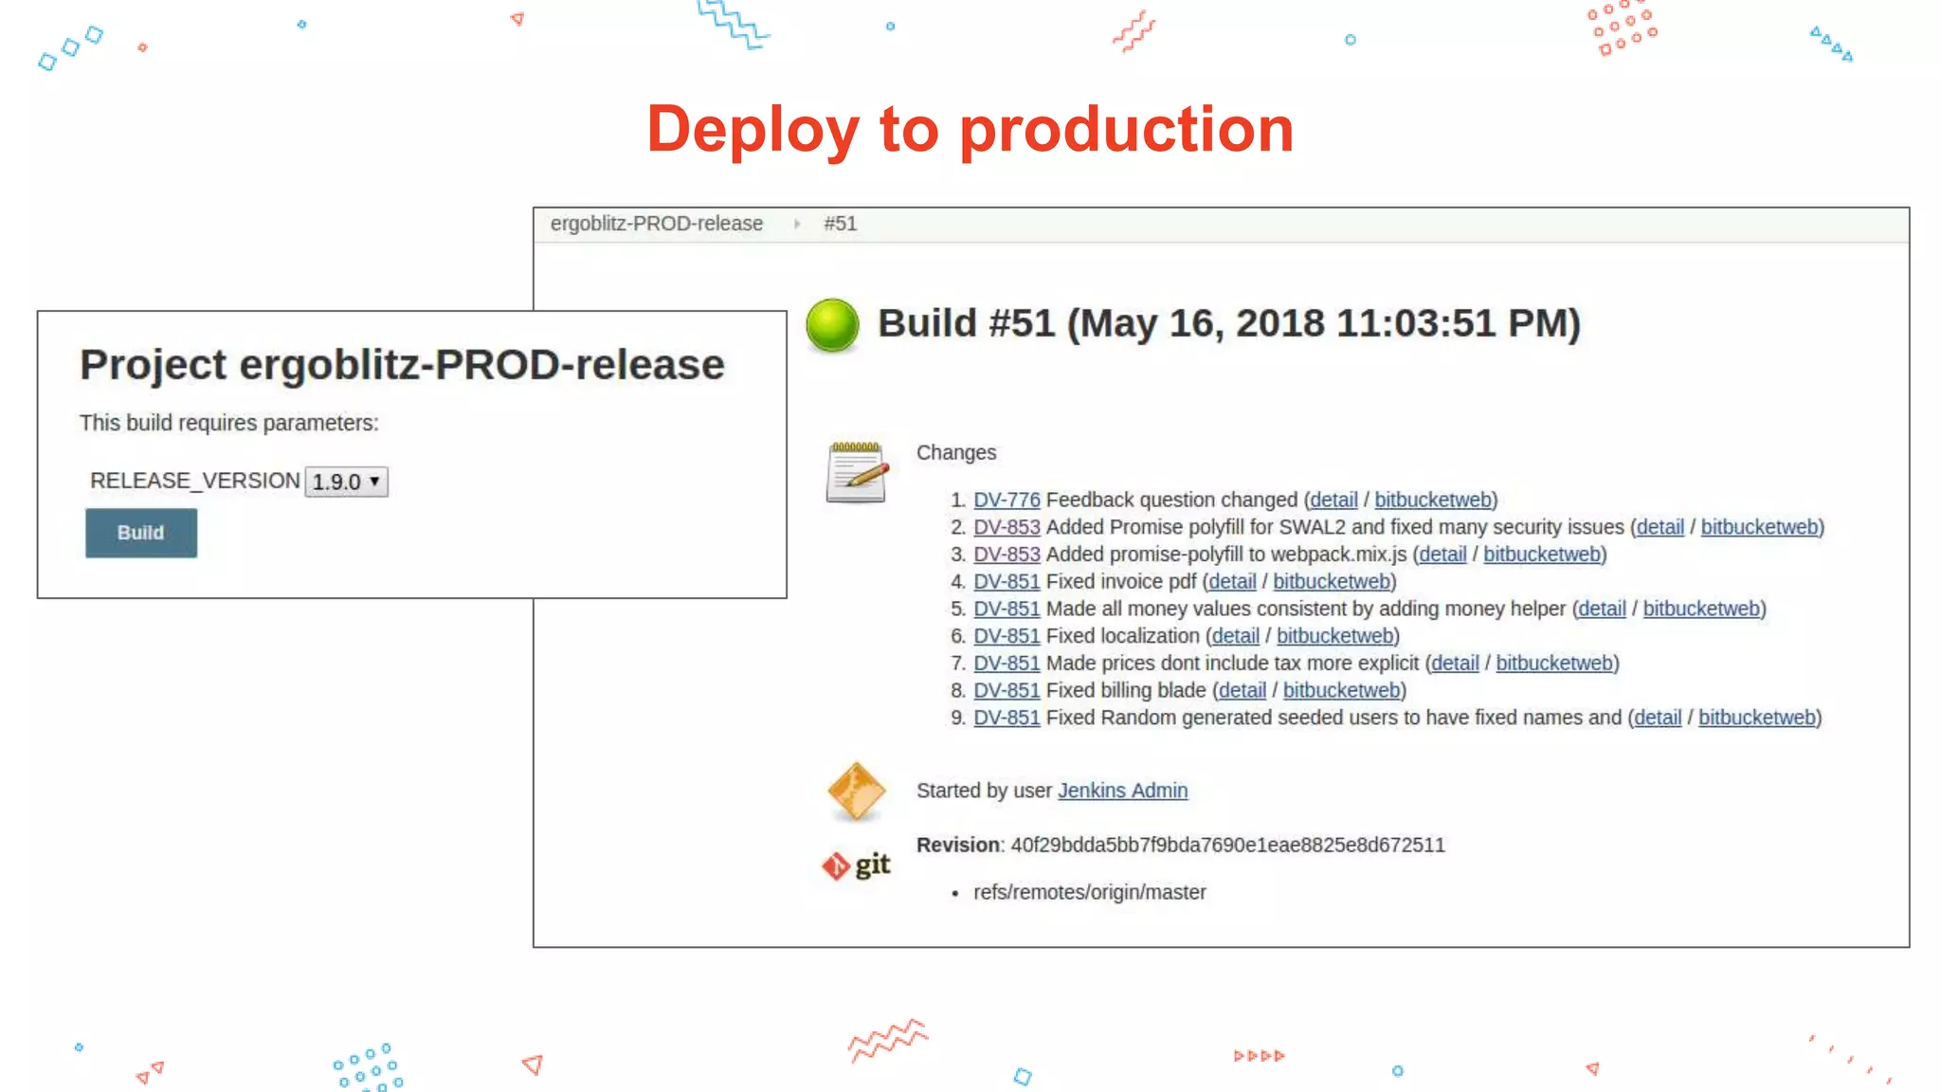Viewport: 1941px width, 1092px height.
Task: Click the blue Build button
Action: tap(141, 533)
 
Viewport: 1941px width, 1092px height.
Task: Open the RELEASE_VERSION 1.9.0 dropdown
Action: tap(347, 482)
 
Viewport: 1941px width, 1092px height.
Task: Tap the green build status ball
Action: tap(832, 325)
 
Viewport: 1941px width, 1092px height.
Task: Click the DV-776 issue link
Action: tap(1007, 500)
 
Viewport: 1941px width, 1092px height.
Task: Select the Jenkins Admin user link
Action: tap(1122, 791)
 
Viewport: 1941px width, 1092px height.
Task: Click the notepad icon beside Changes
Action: tap(857, 471)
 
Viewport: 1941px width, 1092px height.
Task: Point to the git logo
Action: tap(857, 864)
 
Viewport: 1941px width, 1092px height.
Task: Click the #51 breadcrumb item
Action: tap(840, 224)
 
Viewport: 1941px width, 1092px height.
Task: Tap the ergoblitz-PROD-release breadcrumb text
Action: tap(656, 224)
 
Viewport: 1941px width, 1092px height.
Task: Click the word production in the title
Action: tap(1126, 129)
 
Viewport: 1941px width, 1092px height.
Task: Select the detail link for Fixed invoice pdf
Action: tap(1232, 581)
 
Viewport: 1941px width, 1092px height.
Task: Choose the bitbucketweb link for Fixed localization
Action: tap(1335, 636)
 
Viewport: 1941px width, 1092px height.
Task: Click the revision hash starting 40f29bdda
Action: tap(1227, 846)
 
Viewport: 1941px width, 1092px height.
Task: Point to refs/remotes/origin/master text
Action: tap(1089, 892)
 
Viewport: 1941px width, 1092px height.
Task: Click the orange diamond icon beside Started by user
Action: tap(856, 791)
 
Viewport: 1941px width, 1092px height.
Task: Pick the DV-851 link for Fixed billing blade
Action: tap(1007, 690)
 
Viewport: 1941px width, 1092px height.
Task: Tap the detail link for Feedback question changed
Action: tap(1333, 500)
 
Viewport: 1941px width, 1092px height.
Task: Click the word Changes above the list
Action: tap(955, 453)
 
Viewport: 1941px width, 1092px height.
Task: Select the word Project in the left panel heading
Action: tap(153, 365)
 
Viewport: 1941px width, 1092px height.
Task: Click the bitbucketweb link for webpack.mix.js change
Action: tap(1542, 555)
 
